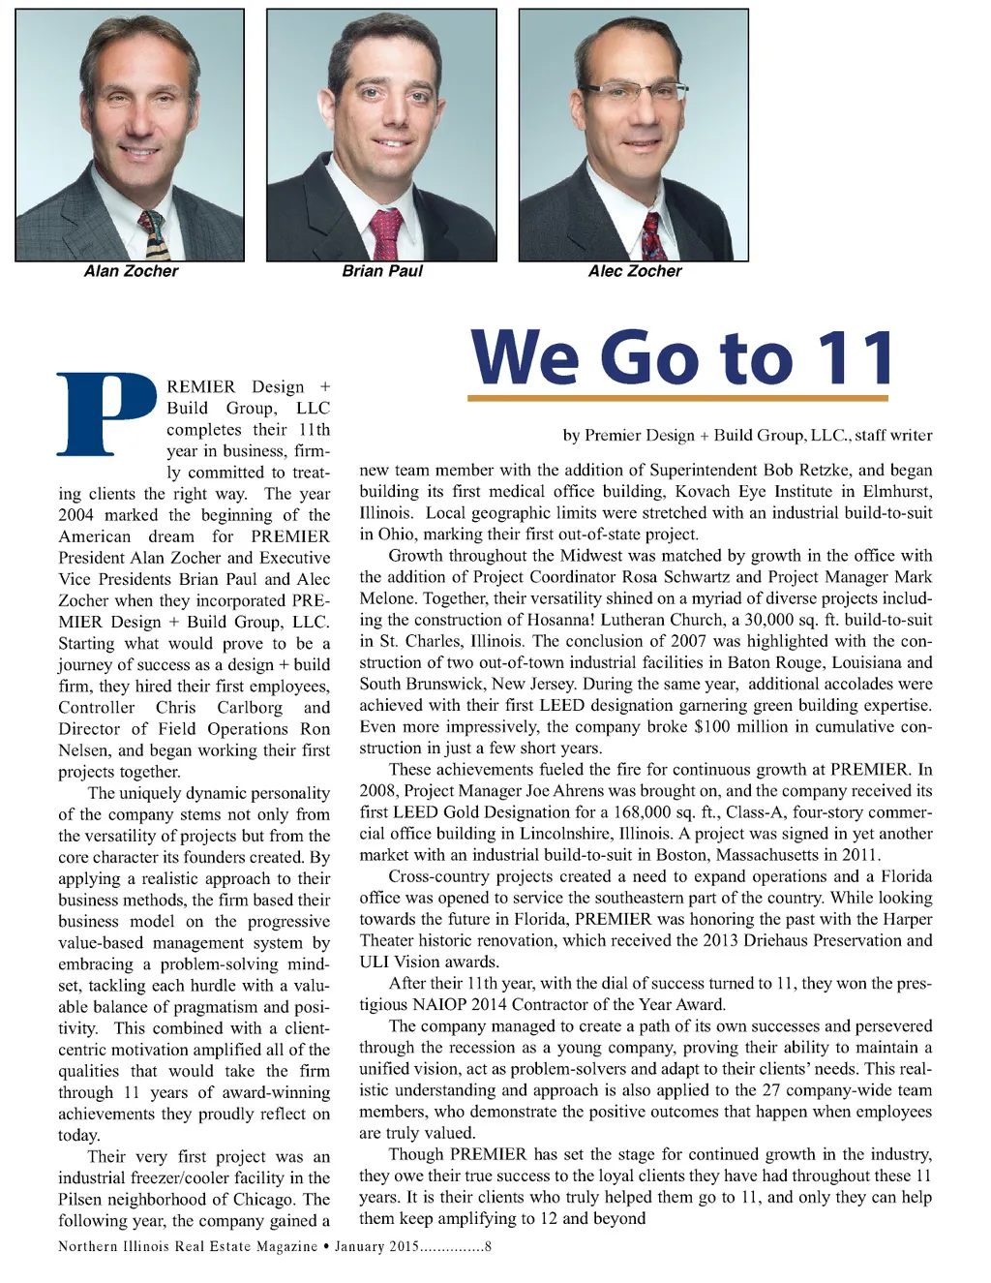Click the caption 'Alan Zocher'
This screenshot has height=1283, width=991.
pyautogui.click(x=131, y=271)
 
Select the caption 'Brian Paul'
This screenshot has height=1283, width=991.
pyautogui.click(x=382, y=271)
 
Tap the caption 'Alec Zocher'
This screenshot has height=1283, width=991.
pyautogui.click(x=635, y=271)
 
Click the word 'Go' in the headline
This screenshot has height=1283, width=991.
pyautogui.click(x=654, y=358)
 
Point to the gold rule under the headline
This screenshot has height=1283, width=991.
pyautogui.click(x=677, y=398)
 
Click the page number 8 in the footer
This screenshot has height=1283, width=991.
pyautogui.click(x=488, y=1246)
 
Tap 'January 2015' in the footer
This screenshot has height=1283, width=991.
pyautogui.click(x=376, y=1246)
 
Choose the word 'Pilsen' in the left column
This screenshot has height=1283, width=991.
pyautogui.click(x=79, y=1200)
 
